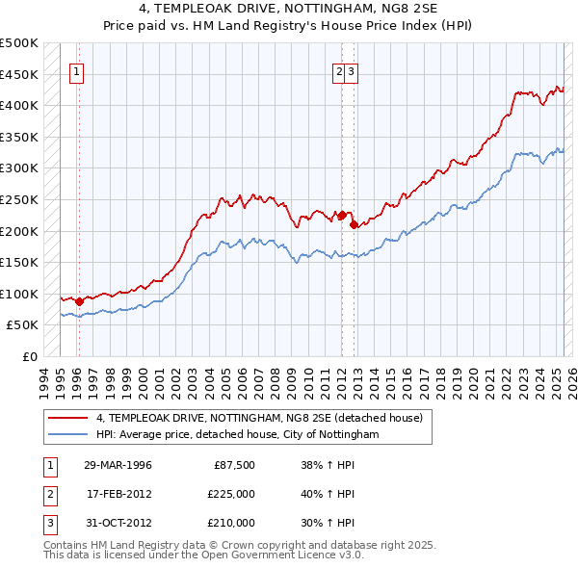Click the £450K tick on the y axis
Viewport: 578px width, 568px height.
pyautogui.click(x=19, y=74)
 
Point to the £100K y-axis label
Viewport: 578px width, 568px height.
pyautogui.click(x=19, y=294)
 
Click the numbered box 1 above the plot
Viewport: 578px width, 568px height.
pyautogui.click(x=76, y=70)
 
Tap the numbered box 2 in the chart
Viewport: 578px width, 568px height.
pyautogui.click(x=340, y=70)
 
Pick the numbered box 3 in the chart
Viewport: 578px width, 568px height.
pyautogui.click(x=353, y=70)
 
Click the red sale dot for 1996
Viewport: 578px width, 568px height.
pyautogui.click(x=79, y=301)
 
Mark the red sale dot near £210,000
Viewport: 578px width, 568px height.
pyautogui.click(x=355, y=224)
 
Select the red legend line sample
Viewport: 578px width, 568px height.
pyautogui.click(x=67, y=418)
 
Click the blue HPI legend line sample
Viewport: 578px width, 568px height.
pyautogui.click(x=67, y=434)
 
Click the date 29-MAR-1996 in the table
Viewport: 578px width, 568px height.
pyautogui.click(x=118, y=465)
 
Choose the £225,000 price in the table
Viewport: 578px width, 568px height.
pyautogui.click(x=230, y=494)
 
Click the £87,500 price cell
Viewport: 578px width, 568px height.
pyautogui.click(x=234, y=465)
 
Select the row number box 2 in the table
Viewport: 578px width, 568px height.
pyautogui.click(x=49, y=494)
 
